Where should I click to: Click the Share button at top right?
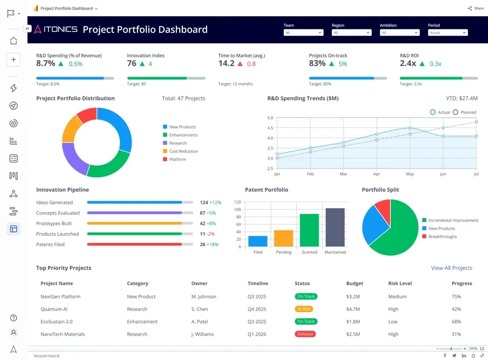point(475,8)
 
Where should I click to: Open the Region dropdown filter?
point(352,32)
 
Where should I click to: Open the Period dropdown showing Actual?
point(448,32)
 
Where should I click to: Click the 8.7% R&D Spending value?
point(45,64)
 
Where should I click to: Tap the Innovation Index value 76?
point(132,64)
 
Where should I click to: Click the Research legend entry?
point(178,143)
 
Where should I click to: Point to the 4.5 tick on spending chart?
point(270,128)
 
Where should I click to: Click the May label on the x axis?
point(410,174)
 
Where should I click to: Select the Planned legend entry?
point(464,112)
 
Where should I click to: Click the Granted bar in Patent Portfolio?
point(309,230)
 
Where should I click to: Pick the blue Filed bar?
point(258,241)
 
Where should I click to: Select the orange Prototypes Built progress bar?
point(134,223)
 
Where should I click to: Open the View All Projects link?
point(451,268)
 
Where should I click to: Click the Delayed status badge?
point(305,334)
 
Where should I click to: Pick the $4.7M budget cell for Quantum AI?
point(353,309)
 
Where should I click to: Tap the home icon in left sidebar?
point(14,41)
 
